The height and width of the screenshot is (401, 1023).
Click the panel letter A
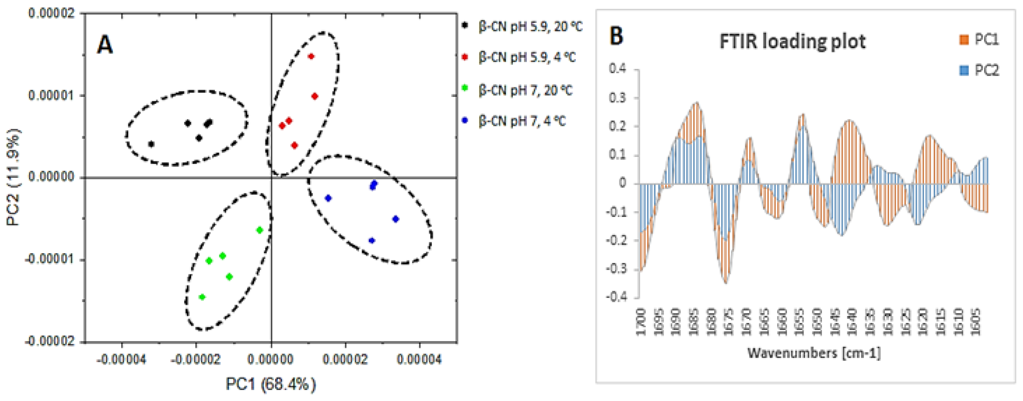pyautogui.click(x=105, y=45)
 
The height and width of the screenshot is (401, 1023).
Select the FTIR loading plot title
pyautogui.click(x=792, y=42)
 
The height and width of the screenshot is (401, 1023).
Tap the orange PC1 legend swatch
pyautogui.click(x=964, y=40)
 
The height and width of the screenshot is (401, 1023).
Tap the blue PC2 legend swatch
pyautogui.click(x=964, y=71)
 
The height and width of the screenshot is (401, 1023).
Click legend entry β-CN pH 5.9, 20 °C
pyautogui.click(x=530, y=27)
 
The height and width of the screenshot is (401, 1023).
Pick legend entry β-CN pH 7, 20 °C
pyautogui.click(x=525, y=91)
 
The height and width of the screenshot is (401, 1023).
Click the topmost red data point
pyautogui.click(x=311, y=56)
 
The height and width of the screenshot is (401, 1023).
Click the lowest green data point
pyautogui.click(x=202, y=297)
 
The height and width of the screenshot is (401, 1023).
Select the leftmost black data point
pyautogui.click(x=151, y=144)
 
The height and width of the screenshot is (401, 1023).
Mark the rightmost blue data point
pyautogui.click(x=395, y=219)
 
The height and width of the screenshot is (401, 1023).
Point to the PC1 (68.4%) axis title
pyautogui.click(x=271, y=384)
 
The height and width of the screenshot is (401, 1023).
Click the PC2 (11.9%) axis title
pyautogui.click(x=13, y=177)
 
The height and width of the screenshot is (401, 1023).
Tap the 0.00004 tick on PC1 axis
pyautogui.click(x=419, y=360)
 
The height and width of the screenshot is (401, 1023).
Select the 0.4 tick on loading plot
pyautogui.click(x=617, y=69)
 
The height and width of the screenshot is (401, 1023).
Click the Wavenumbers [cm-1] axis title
pyautogui.click(x=814, y=353)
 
